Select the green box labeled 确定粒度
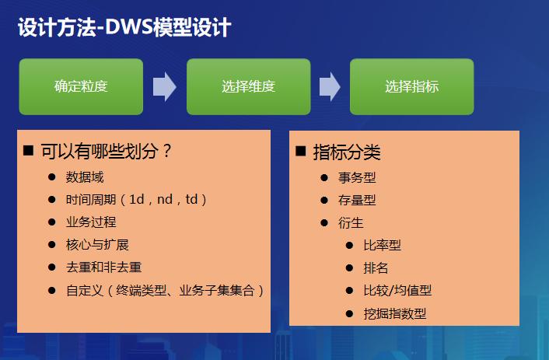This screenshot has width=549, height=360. (x=81, y=86)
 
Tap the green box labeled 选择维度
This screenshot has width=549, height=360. (x=248, y=86)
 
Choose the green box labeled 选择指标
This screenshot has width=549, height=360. (x=411, y=86)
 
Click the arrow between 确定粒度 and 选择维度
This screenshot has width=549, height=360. (x=164, y=86)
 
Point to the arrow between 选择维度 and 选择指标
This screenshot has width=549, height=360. (x=330, y=86)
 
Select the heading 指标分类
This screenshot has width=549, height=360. (x=347, y=152)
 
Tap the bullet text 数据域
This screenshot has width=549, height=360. (x=85, y=177)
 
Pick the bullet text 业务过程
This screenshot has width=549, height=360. (x=91, y=222)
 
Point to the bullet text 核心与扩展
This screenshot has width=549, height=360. (x=97, y=244)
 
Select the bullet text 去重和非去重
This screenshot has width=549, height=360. (x=103, y=267)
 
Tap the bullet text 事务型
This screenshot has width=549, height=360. (x=357, y=177)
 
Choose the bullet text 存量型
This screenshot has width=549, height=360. (x=357, y=200)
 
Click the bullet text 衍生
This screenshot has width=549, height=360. (x=351, y=222)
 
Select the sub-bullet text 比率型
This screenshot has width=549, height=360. (x=382, y=245)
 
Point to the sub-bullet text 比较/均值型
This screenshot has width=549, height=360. (x=397, y=290)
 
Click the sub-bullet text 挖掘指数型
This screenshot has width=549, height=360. (x=394, y=313)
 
